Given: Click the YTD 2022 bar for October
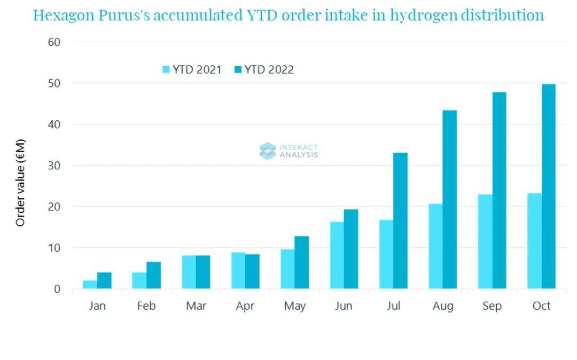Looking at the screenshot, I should tap(549, 186).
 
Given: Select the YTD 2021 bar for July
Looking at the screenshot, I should tap(386, 254).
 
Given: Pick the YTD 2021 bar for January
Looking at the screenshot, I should tap(90, 285).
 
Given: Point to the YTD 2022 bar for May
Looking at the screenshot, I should tap(302, 262).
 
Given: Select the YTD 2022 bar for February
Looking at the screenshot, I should tap(153, 275).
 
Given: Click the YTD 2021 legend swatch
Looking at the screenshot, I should tap(166, 70).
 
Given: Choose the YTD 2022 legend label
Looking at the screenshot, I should tap(269, 70).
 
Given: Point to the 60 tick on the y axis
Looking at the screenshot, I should tap(53, 42).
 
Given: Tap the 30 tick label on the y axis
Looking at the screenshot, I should tap(53, 166).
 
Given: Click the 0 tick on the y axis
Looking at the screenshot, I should tap(57, 289).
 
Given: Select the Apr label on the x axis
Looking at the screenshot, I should tap(245, 306).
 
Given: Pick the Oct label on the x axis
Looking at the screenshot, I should tap(541, 306).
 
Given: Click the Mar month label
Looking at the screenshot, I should tap(196, 306).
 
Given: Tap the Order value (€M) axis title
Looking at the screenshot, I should tap(21, 182).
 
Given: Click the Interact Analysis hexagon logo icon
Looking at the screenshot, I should tap(268, 151).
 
